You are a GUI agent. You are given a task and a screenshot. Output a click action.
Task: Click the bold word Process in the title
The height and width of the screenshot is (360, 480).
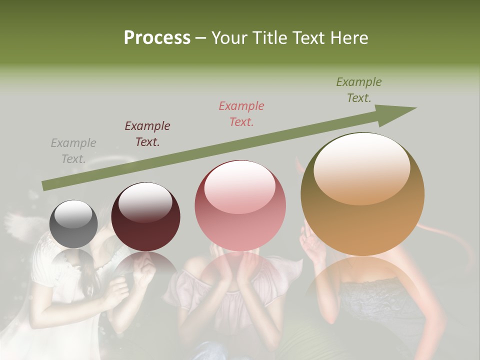click(x=157, y=38)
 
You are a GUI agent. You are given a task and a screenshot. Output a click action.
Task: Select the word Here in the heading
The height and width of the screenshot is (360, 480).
click(x=349, y=38)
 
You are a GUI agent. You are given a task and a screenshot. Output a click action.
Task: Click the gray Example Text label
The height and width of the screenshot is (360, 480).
click(x=73, y=151)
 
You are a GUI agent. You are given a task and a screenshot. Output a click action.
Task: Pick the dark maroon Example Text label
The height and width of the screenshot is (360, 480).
click(x=147, y=134)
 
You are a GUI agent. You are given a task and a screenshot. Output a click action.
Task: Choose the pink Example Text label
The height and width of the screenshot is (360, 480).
click(x=241, y=113)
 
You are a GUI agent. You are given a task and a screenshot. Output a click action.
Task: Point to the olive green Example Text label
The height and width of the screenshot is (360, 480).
click(x=359, y=90)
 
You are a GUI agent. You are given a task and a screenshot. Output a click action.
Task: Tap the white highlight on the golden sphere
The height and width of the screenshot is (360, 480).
click(x=362, y=167)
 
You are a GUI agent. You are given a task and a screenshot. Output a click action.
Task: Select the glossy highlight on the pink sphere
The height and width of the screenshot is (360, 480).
click(x=239, y=186)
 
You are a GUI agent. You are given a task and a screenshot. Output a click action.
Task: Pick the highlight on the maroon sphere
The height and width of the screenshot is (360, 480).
click(x=145, y=202)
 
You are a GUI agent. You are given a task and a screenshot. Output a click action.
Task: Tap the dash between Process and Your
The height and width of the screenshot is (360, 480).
click(x=200, y=38)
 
